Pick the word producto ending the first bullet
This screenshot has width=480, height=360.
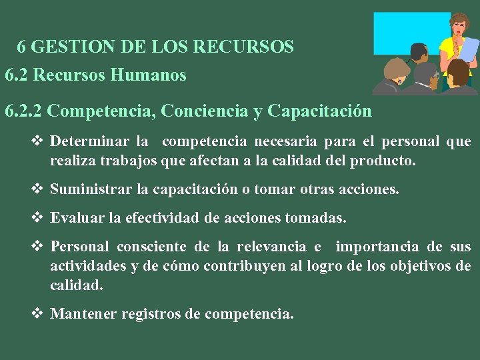385,161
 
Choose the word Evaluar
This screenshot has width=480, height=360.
75,217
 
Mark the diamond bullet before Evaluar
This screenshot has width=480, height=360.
38,217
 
